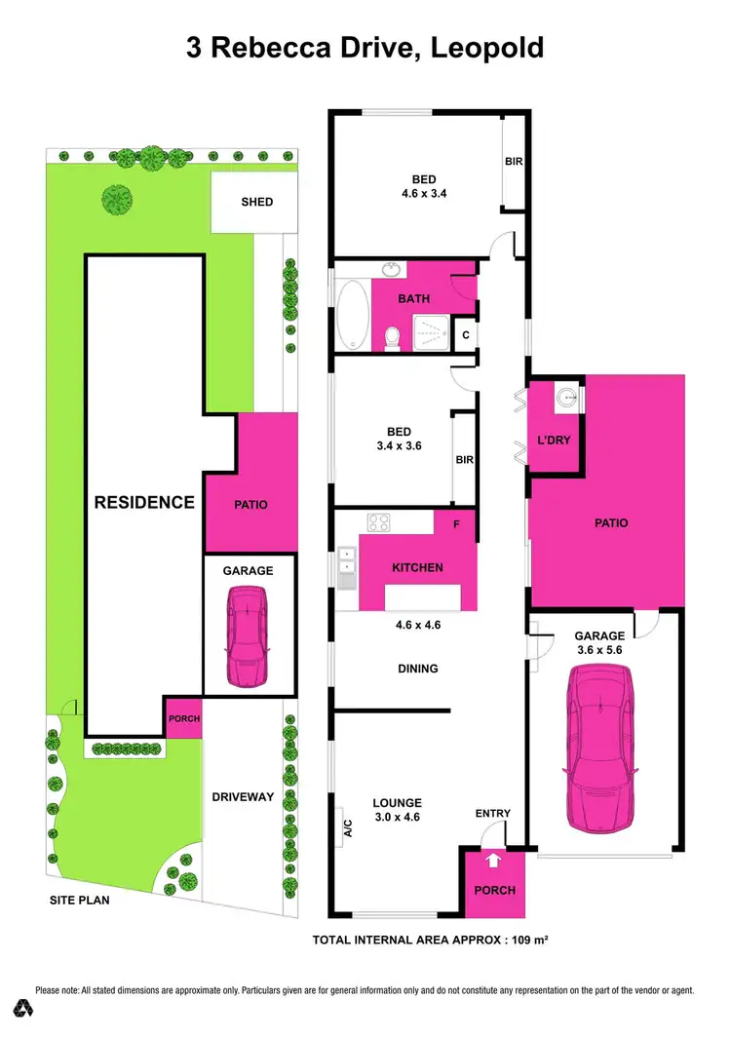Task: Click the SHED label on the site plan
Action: [x=257, y=203]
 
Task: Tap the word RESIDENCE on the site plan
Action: [x=144, y=503]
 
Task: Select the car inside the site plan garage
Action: [x=247, y=634]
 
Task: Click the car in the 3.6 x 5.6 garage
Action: [x=599, y=742]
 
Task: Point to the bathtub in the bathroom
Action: [x=353, y=316]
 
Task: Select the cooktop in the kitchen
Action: [x=378, y=523]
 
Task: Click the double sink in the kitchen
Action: [x=346, y=567]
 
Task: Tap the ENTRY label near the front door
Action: [x=492, y=814]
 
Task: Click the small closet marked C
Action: [x=466, y=334]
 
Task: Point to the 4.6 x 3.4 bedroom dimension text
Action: [x=423, y=193]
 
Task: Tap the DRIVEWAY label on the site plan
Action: [x=244, y=797]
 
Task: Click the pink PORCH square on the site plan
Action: [x=183, y=719]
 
